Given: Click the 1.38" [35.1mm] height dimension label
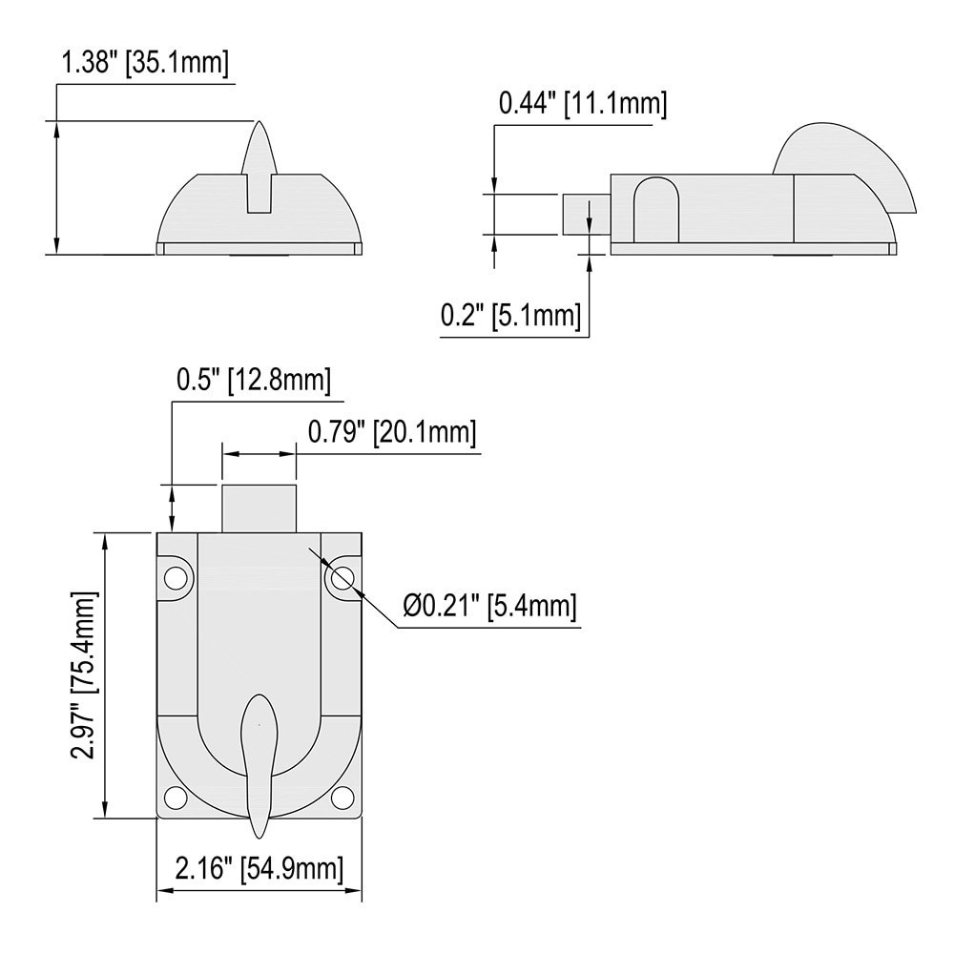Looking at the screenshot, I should [145, 64].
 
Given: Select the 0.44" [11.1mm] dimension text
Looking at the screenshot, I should [583, 104].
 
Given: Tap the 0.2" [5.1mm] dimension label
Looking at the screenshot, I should [510, 315].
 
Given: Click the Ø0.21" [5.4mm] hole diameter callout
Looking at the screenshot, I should [489, 606].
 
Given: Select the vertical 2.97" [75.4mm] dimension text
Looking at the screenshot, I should [85, 675].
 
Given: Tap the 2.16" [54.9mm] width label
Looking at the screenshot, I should [259, 869].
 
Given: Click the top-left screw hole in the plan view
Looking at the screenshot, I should [176, 578].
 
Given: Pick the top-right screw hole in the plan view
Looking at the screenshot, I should [342, 578].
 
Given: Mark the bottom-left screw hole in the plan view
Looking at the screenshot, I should [176, 797].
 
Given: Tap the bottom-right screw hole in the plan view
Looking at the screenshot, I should [342, 797].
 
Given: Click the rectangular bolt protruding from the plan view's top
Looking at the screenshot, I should [259, 508].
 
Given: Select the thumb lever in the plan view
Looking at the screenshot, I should [259, 754].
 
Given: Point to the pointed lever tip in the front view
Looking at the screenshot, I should [259, 143].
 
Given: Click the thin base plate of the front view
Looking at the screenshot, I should [259, 249].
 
